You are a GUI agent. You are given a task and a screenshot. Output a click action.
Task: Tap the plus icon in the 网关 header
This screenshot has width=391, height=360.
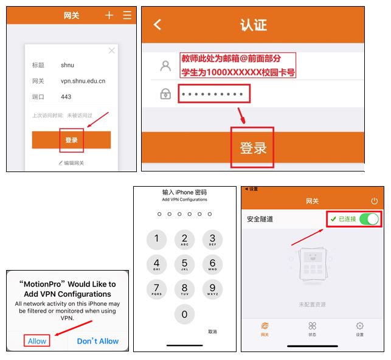[x=109, y=15]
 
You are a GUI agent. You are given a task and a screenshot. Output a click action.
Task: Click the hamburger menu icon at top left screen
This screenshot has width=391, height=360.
[x=127, y=15]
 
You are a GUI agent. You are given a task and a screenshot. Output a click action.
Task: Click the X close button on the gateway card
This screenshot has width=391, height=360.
[x=111, y=50]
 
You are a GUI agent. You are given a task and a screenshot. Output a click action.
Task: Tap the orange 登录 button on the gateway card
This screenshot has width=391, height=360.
[x=71, y=140]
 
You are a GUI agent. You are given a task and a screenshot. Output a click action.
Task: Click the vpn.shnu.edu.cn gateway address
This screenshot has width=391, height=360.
[x=83, y=80]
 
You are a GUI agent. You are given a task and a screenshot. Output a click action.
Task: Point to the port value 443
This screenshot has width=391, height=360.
[x=66, y=97]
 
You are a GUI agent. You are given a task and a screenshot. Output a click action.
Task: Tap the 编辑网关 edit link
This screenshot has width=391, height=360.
[x=71, y=163]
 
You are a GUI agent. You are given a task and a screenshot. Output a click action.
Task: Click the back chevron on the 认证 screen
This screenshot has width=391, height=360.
[x=157, y=24]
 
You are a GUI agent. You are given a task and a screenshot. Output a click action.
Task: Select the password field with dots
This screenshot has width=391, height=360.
[x=214, y=94]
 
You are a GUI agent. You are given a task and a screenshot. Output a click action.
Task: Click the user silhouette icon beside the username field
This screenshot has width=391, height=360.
[x=165, y=66]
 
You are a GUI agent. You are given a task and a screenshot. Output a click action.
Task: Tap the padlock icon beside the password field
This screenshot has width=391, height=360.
[x=165, y=94]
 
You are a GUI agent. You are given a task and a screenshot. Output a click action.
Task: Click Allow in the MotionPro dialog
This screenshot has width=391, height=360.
[x=37, y=341]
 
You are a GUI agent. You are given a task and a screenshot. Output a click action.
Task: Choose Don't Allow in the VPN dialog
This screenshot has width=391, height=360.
[x=98, y=341]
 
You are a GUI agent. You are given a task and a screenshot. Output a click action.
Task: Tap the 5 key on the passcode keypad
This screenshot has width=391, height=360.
[x=184, y=265]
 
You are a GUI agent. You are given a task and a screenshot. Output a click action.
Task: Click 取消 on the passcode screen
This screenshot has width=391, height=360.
[x=212, y=331]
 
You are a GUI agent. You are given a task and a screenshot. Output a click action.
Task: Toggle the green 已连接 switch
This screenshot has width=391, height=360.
[x=369, y=219]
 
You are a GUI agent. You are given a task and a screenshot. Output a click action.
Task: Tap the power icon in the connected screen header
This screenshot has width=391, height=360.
[x=374, y=201]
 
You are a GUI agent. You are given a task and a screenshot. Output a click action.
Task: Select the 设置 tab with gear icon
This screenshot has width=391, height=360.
[x=359, y=329]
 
